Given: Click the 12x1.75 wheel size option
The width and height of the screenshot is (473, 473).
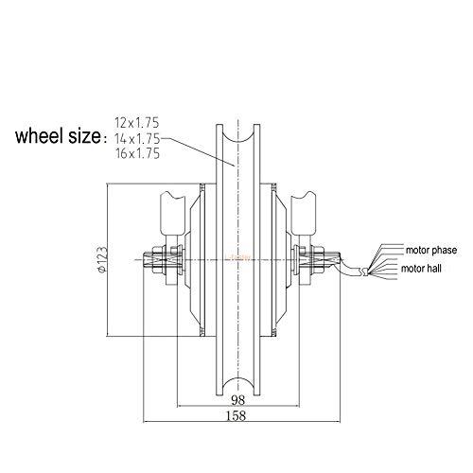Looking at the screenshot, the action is coord(137,123).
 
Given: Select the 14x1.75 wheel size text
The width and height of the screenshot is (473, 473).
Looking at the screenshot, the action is coord(137,138).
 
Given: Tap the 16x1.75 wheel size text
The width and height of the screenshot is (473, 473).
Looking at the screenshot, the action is coord(137,153).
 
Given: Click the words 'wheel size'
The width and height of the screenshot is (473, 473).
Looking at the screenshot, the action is coord(58,136).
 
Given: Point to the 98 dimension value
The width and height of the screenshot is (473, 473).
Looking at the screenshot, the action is coord(238,400).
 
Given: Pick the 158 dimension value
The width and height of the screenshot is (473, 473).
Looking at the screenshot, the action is coord(236,415).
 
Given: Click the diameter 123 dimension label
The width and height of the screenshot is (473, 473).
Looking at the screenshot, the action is coord(102,259).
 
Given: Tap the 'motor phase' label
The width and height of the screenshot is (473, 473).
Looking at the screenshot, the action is coord(431,251).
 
